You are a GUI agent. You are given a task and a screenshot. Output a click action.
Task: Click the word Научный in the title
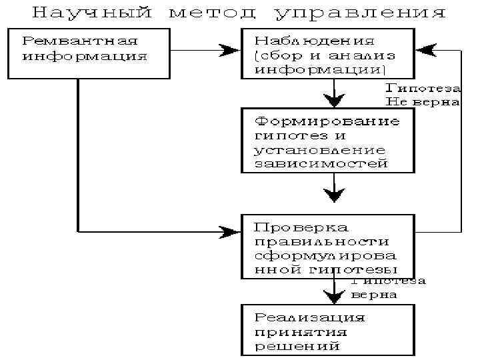pos(92,13)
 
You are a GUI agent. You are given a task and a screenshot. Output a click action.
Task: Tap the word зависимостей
pos(321,163)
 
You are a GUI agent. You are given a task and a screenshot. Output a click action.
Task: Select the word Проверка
pos(295,227)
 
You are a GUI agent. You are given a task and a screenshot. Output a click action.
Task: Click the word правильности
pos(322,241)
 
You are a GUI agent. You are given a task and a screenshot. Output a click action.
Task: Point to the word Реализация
pos(310,317)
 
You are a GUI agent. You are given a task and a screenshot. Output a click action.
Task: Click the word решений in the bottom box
pos(297,346)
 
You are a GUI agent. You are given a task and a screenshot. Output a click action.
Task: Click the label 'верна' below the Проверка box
pos(374,294)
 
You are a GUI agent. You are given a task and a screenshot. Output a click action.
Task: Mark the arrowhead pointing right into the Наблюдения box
pos(231,49)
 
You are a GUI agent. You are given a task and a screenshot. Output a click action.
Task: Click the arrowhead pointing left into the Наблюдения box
pos(425,49)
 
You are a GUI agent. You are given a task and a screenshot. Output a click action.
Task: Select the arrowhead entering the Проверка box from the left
pos(231,231)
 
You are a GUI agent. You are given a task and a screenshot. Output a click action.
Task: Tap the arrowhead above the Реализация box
pos(333,295)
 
